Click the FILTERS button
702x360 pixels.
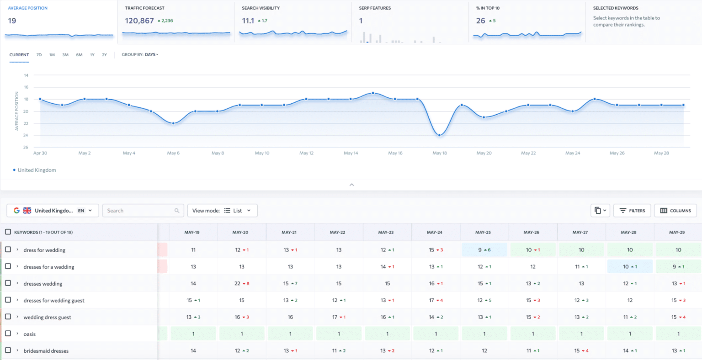[632, 211]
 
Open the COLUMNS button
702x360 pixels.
[675, 211]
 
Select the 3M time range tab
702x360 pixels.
[65, 55]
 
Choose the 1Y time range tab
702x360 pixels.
[92, 55]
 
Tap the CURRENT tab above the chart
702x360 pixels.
[19, 55]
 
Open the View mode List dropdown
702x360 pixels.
[222, 211]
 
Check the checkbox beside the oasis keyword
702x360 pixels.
[8, 334]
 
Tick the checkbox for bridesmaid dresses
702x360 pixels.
[8, 350]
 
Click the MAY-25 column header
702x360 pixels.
[483, 232]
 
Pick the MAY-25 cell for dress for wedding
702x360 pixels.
[484, 250]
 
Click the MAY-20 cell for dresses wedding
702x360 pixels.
[242, 284]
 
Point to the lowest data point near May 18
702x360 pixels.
[439, 135]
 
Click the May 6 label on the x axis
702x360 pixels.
[173, 153]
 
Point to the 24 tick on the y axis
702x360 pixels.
[26, 135]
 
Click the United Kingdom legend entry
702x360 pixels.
[37, 170]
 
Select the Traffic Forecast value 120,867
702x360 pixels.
[139, 21]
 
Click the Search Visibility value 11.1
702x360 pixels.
[248, 21]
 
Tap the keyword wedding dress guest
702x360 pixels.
[47, 318]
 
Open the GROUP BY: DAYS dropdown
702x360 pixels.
[140, 55]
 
